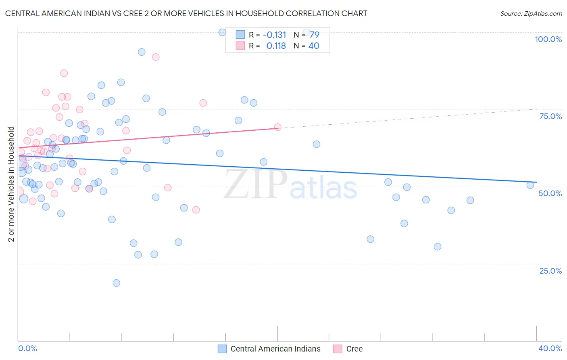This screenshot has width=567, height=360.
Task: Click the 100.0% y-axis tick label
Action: tap(548, 39)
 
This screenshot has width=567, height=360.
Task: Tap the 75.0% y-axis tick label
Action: tap(550, 116)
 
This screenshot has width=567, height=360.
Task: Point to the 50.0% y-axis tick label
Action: tap(550, 193)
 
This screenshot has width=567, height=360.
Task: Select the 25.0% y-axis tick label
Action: tap(550, 271)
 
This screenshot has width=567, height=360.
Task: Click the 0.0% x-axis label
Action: tap(27, 348)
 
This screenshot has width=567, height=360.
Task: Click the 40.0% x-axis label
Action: tap(550, 348)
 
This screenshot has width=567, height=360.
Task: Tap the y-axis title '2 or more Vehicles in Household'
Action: tap(11, 184)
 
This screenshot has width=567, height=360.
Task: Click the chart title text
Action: tap(186, 13)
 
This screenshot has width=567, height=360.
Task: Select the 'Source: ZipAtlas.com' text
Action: tap(531, 14)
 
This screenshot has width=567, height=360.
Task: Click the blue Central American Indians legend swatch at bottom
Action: tap(222, 349)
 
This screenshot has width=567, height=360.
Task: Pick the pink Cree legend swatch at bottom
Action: tap(338, 349)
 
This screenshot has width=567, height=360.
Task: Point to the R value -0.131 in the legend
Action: tap(274, 35)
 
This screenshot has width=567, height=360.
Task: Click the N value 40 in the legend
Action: tap(314, 46)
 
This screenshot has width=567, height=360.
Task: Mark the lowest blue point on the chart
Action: tap(116, 283)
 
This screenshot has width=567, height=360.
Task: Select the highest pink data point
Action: tap(156, 57)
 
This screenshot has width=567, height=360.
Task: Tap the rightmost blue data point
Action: tap(530, 185)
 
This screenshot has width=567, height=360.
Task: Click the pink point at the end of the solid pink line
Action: tap(277, 127)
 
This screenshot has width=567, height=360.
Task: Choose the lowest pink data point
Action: tap(196, 210)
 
